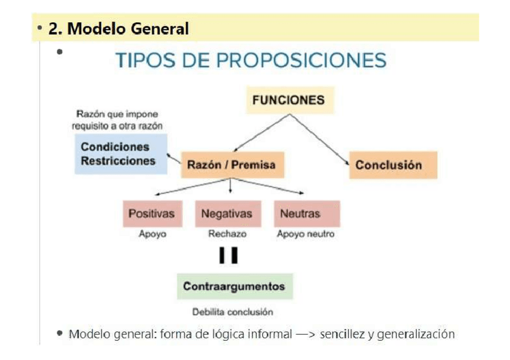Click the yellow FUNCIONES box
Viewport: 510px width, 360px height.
289,100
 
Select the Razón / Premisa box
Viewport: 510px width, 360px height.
232,165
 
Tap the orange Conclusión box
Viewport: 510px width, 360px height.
393,165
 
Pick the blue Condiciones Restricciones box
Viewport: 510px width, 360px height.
121,154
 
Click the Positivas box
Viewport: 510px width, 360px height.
152,214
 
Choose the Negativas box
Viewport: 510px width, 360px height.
227,214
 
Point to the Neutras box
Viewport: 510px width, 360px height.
306,214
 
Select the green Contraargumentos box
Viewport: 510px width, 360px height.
234,286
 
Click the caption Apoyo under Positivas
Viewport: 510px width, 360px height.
153,234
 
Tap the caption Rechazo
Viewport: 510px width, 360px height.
227,234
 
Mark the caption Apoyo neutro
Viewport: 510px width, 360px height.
306,234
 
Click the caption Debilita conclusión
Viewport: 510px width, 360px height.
233,312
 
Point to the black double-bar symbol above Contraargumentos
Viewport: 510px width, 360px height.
229,256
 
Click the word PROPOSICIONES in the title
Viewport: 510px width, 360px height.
301,61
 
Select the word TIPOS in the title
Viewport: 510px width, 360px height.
145,61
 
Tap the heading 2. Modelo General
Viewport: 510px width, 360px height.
118,28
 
